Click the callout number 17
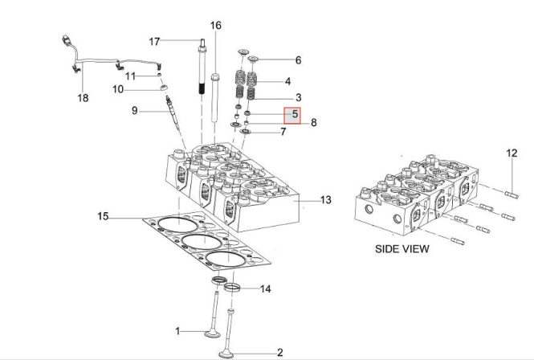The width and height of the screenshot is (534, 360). [x=155, y=41]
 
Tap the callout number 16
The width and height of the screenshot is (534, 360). [x=215, y=26]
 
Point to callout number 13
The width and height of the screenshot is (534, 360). [x=326, y=199]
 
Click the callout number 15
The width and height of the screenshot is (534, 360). [x=103, y=216]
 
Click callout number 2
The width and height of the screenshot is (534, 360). [x=280, y=352]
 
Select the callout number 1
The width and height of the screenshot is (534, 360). [x=179, y=330]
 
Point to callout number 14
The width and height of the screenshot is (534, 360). [x=265, y=288]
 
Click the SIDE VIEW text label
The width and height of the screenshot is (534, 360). [x=402, y=248]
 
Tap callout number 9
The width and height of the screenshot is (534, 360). [x=135, y=110]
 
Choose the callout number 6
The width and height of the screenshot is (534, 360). [x=298, y=60]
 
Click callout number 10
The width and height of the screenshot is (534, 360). [x=139, y=89]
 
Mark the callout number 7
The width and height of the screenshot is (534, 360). [x=283, y=131]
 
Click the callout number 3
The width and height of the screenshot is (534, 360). [x=298, y=97]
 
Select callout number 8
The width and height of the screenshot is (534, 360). [x=314, y=123]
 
